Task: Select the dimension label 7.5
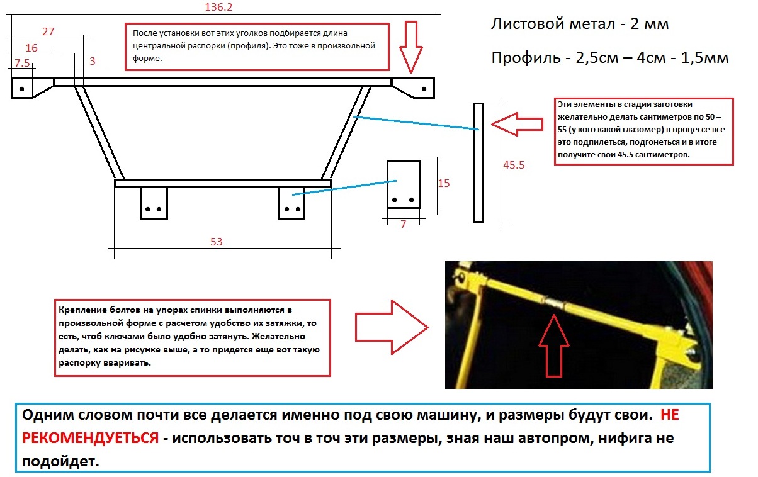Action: (x=22, y=63)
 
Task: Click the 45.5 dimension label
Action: (x=514, y=166)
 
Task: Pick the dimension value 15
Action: (x=443, y=183)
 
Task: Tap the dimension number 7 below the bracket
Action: (x=402, y=224)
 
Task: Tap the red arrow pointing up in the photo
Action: (x=555, y=345)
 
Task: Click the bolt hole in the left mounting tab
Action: (x=21, y=89)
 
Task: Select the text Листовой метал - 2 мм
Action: (x=579, y=25)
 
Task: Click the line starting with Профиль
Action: (x=609, y=58)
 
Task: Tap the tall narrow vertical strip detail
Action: (x=478, y=162)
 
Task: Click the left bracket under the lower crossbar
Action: (x=154, y=203)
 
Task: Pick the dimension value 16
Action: (x=31, y=48)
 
